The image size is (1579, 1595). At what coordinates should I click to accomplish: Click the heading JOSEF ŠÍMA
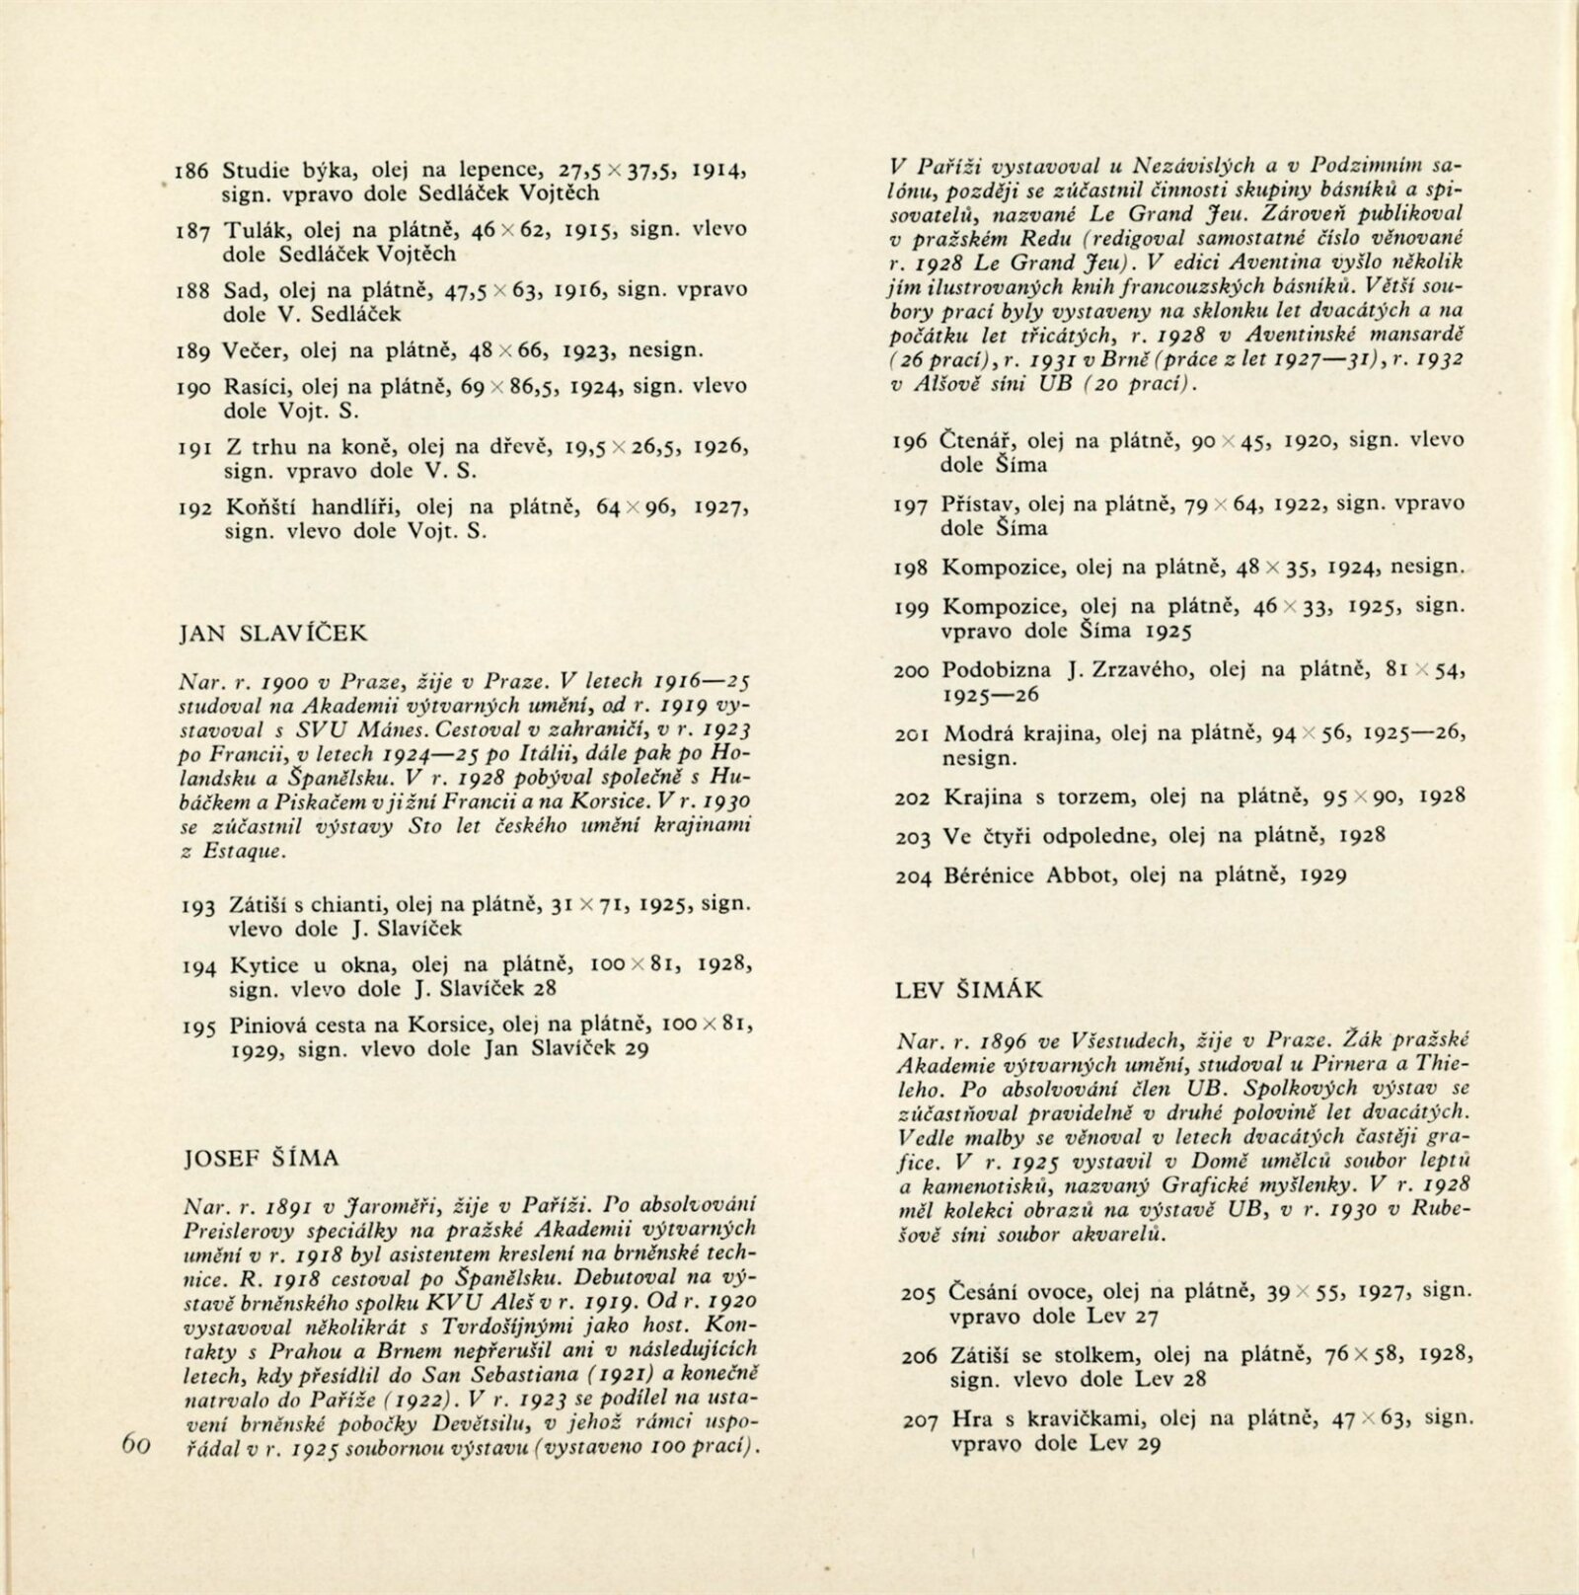point(263,1158)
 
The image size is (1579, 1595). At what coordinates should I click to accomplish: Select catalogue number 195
point(199,1026)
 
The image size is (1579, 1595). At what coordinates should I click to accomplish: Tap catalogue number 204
point(912,875)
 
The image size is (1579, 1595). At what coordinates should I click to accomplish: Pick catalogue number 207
point(920,1422)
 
